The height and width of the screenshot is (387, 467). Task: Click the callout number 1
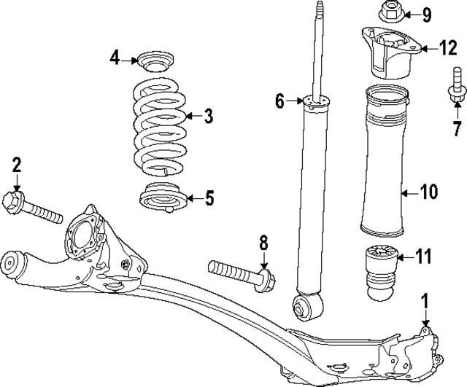pos(425,300)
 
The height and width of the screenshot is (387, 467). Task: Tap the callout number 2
pos(16,165)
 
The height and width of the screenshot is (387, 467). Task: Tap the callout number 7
pos(457,129)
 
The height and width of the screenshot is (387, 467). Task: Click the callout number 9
pos(427,13)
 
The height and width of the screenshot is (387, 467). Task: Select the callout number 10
pos(428,193)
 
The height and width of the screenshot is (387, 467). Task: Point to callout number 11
pos(423,257)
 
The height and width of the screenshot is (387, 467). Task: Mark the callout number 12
pos(447,49)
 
